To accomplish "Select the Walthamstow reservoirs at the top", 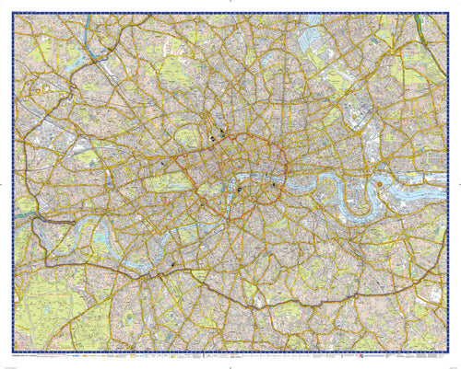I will [318, 37].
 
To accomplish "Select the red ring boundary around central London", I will [289, 170].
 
